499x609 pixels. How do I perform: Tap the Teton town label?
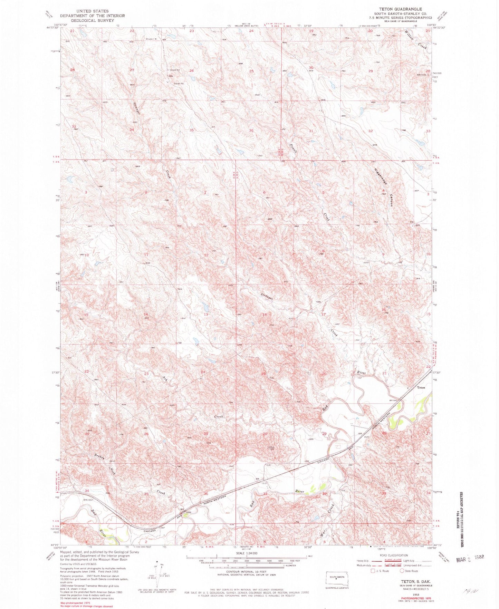pos(421,387)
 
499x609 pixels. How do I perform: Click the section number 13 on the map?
pos(206,315)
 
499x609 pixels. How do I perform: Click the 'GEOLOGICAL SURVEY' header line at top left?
pos(92,20)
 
